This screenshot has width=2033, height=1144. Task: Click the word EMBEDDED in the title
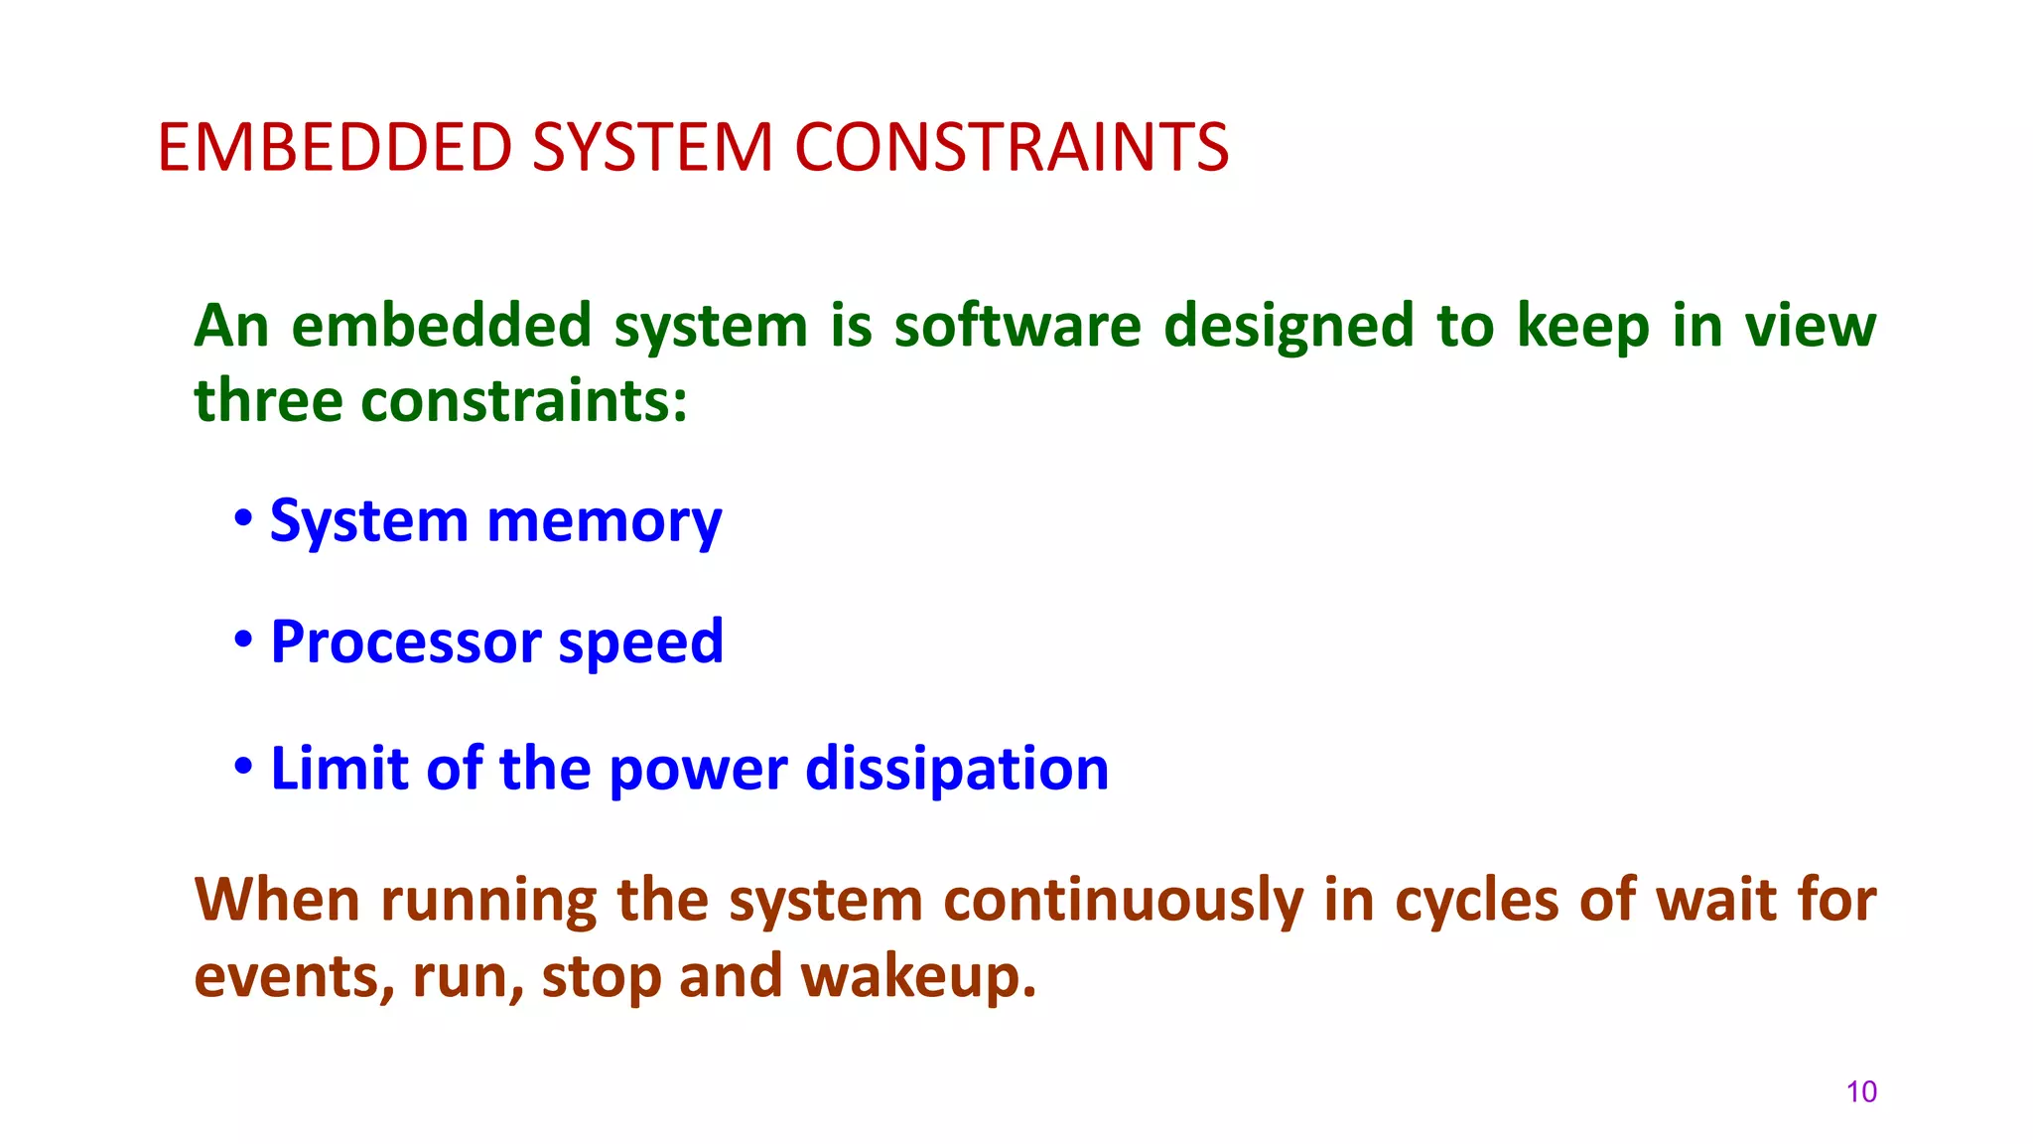(335, 148)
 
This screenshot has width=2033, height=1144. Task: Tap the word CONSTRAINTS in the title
(1011, 148)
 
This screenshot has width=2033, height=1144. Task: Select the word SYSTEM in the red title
(652, 148)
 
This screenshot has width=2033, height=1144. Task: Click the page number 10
(1861, 1091)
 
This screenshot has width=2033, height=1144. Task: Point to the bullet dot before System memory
(242, 517)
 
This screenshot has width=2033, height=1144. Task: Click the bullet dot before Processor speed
(242, 640)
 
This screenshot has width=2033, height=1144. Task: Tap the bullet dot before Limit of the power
(242, 766)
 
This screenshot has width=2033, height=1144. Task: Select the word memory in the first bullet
(604, 521)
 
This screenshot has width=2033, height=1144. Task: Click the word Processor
(403, 643)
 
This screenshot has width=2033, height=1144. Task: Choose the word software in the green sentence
(1017, 326)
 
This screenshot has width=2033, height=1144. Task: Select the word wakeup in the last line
(918, 976)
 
